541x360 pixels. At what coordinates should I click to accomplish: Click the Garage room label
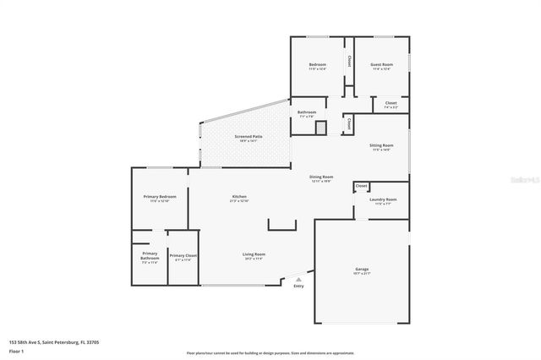click(x=362, y=270)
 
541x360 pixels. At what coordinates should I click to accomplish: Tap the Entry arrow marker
click(x=297, y=279)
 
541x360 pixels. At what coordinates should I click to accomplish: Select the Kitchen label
click(x=239, y=197)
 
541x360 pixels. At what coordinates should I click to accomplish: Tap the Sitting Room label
click(x=381, y=145)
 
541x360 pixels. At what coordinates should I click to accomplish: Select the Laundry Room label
click(x=383, y=199)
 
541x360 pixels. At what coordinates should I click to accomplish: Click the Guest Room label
click(x=381, y=65)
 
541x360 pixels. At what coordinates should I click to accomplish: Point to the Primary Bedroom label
click(x=160, y=197)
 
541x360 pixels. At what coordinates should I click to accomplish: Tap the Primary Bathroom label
click(x=150, y=255)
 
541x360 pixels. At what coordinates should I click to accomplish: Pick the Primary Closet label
click(x=183, y=255)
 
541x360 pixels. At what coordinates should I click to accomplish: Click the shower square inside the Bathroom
click(x=320, y=128)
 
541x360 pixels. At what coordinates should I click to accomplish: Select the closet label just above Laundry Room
click(x=361, y=185)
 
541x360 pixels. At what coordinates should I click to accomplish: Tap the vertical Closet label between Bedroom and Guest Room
click(x=349, y=62)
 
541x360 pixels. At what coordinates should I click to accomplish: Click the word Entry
click(x=298, y=286)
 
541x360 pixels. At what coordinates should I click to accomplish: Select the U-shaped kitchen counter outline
click(x=282, y=225)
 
